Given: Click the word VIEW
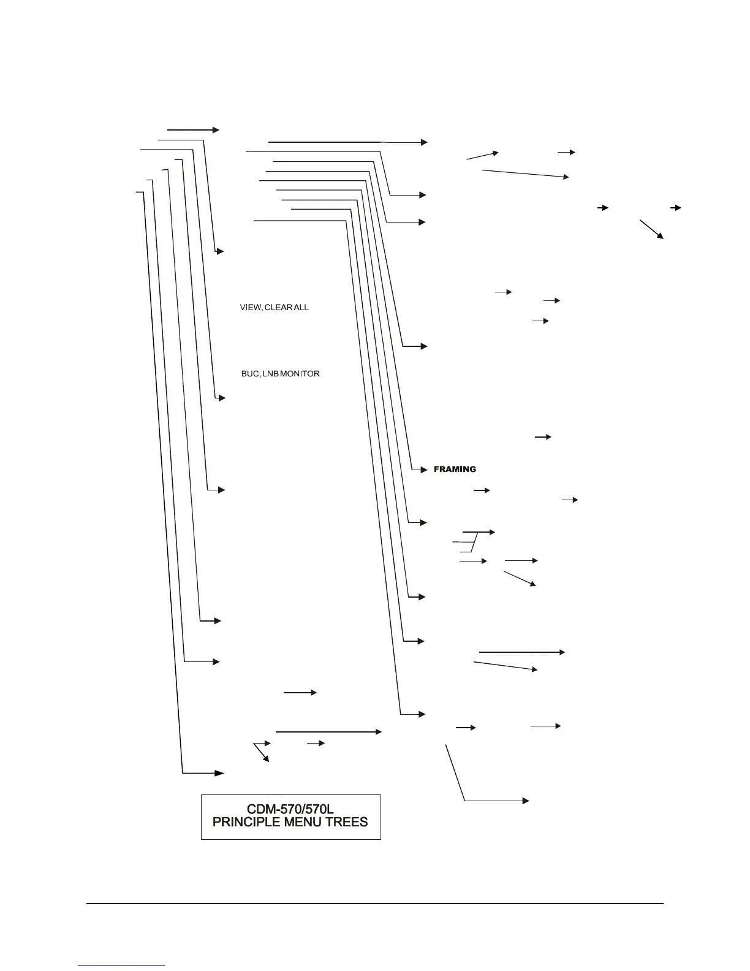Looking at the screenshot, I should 249,307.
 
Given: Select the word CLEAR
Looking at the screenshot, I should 278,307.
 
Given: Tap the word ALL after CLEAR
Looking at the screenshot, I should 301,307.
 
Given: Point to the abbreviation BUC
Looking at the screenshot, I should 249,373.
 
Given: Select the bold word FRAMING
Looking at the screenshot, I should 455,470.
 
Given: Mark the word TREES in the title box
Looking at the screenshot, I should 348,822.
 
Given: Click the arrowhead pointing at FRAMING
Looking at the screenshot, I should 423,470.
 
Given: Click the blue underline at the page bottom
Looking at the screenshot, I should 121,965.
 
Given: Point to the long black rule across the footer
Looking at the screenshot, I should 374,903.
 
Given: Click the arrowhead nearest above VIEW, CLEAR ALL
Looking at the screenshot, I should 220,251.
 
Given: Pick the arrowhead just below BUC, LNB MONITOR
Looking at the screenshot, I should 222,398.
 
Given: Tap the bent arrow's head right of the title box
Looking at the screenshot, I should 526,801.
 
